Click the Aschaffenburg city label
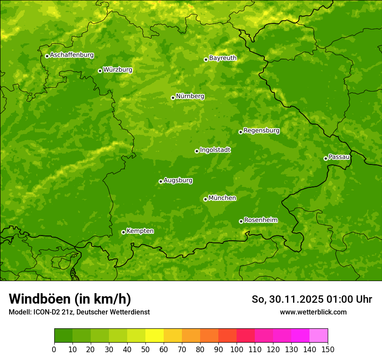coord(72,55)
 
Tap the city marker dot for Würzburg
coord(100,71)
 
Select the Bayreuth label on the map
coord(223,58)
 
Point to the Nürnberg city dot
coord(173,98)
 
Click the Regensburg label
coord(261,131)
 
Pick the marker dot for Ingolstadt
coord(197,151)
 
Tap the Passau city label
coord(339,157)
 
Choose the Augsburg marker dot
coord(161,181)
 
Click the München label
coord(222,198)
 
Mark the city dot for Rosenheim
coord(241,221)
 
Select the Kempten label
coord(140,231)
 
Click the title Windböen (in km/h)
coord(69,299)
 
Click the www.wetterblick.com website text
coord(313,312)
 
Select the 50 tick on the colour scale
coord(145,349)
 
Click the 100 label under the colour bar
coord(237,349)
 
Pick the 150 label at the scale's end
coord(327,349)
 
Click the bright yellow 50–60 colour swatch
coord(154,336)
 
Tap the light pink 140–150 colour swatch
coord(318,336)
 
